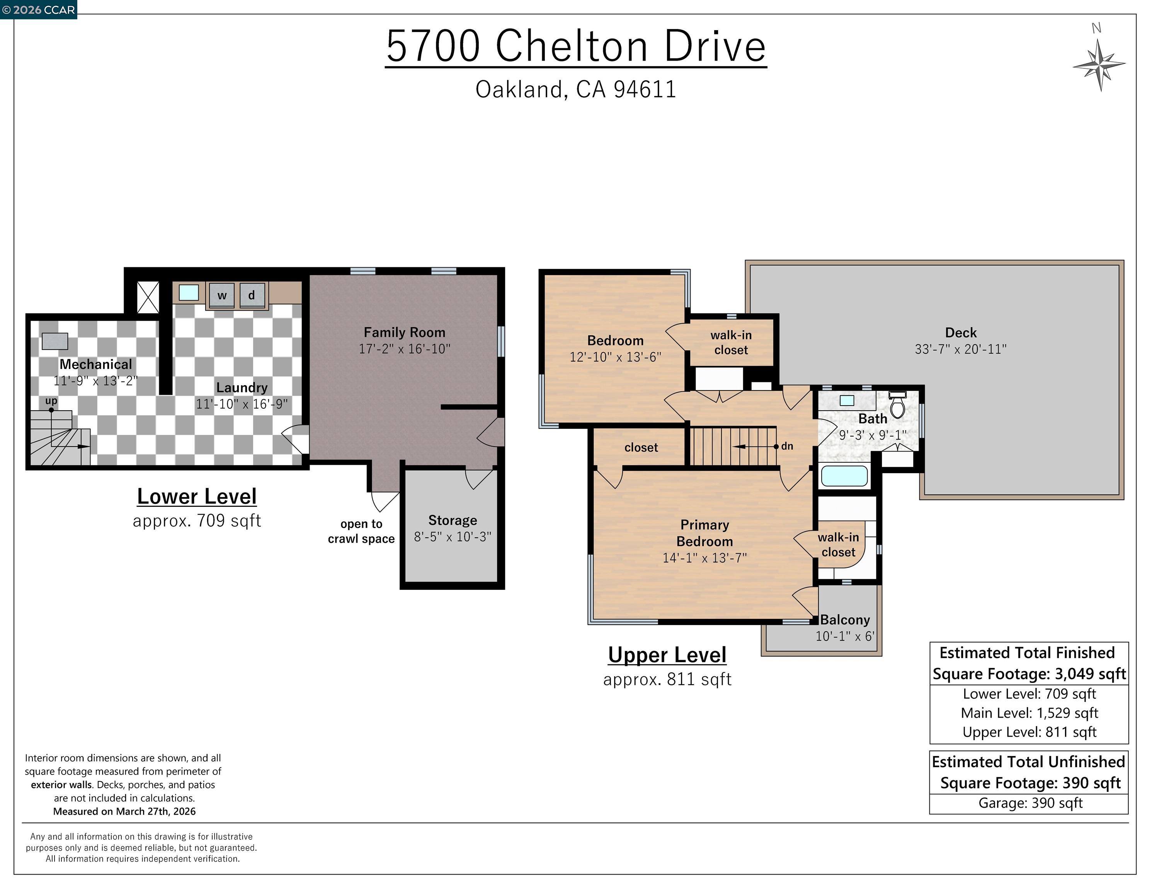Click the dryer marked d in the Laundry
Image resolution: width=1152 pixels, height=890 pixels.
pyautogui.click(x=252, y=295)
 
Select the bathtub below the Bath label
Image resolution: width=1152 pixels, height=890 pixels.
pyautogui.click(x=844, y=476)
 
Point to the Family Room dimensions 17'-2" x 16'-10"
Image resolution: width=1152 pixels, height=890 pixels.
pyautogui.click(x=405, y=348)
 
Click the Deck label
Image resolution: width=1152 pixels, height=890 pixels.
pyautogui.click(x=961, y=333)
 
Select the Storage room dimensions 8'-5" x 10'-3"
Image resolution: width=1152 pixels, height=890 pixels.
pyautogui.click(x=452, y=537)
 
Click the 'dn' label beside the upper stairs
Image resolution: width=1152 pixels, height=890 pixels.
pyautogui.click(x=787, y=446)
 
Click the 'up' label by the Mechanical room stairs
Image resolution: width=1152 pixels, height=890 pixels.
pyautogui.click(x=51, y=401)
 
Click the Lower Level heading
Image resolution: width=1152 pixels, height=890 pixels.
pyautogui.click(x=197, y=496)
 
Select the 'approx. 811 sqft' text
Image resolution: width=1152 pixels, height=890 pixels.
pyautogui.click(x=667, y=679)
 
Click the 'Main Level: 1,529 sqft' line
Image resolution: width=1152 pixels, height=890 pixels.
pyautogui.click(x=1029, y=713)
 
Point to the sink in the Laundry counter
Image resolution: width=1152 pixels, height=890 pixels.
pyautogui.click(x=189, y=293)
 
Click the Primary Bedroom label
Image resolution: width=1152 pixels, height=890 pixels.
pyautogui.click(x=705, y=533)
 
